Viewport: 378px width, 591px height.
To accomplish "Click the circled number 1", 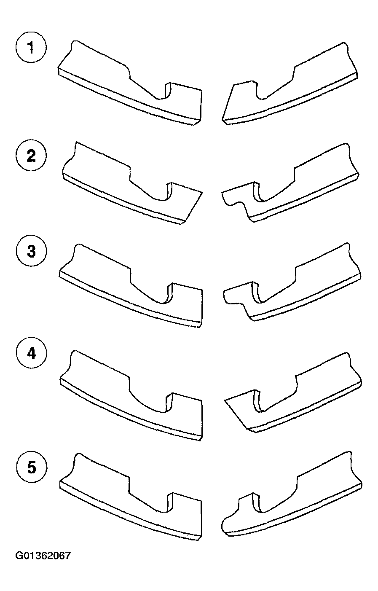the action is [31, 48].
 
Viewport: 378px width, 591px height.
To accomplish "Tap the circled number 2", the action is [31, 156].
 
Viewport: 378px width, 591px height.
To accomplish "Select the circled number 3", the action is [31, 251].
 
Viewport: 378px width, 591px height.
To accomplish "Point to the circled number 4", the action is [31, 353].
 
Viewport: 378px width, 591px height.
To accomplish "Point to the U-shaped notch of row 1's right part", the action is [260, 96].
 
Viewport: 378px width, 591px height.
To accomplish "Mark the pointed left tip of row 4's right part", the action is [225, 401].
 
